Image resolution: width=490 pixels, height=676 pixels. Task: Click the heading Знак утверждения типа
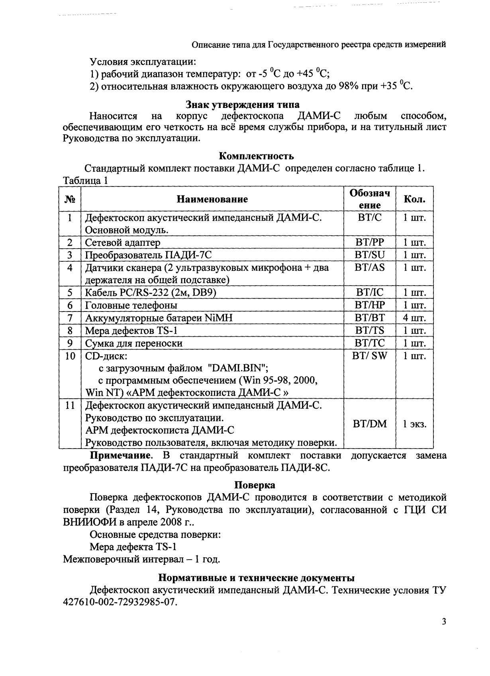pyautogui.click(x=243, y=105)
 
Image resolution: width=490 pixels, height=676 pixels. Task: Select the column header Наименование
pyautogui.click(x=212, y=199)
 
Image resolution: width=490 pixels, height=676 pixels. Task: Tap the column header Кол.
pyautogui.click(x=414, y=199)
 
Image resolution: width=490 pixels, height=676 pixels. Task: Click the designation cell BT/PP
pyautogui.click(x=370, y=242)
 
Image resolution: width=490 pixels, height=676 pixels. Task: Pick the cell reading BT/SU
pyautogui.click(x=370, y=255)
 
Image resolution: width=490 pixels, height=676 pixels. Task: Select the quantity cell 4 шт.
pyautogui.click(x=414, y=318)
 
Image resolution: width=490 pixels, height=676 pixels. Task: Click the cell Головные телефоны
pyautogui.click(x=131, y=306)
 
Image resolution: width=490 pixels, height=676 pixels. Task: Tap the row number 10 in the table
pyautogui.click(x=70, y=356)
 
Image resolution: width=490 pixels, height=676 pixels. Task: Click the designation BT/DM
pyautogui.click(x=370, y=424)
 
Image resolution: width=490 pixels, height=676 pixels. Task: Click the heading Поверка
pyautogui.click(x=255, y=485)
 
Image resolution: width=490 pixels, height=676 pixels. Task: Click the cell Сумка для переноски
pyautogui.click(x=134, y=343)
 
